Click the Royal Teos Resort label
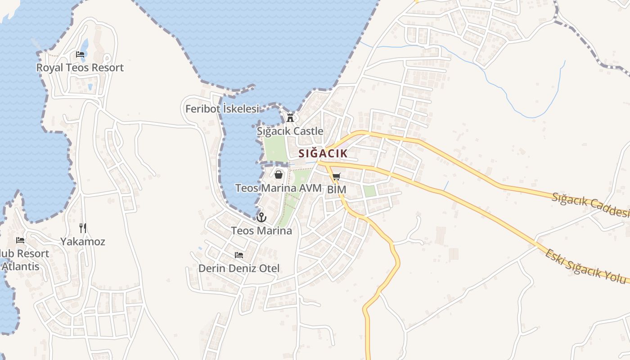pyautogui.click(x=80, y=67)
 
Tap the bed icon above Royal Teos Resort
pyautogui.click(x=80, y=54)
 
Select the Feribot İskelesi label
pyautogui.click(x=222, y=109)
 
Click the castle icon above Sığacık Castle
pyautogui.click(x=290, y=118)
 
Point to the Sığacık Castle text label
pyautogui.click(x=290, y=131)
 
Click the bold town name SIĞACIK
pyautogui.click(x=323, y=153)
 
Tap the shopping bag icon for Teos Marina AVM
pyautogui.click(x=279, y=175)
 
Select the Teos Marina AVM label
pyautogui.click(x=279, y=188)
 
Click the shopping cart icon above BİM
pyautogui.click(x=337, y=176)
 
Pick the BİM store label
pyautogui.click(x=337, y=189)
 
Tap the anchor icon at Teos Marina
pyautogui.click(x=261, y=218)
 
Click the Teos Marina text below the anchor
pyautogui.click(x=261, y=231)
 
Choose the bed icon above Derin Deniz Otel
pyautogui.click(x=239, y=255)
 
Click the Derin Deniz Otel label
pyautogui.click(x=239, y=268)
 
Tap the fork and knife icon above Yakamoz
pyautogui.click(x=83, y=228)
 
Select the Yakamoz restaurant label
pyautogui.click(x=83, y=242)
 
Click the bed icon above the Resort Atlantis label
pyautogui.click(x=20, y=240)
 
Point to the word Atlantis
pyautogui.click(x=20, y=266)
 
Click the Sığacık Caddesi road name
pyautogui.click(x=590, y=205)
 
